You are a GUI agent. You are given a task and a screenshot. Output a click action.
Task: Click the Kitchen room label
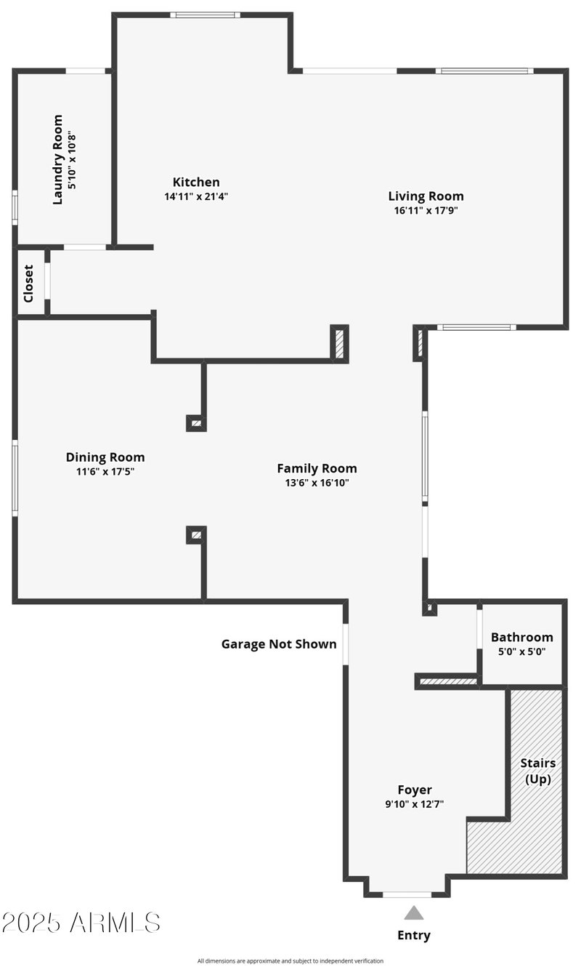(x=195, y=182)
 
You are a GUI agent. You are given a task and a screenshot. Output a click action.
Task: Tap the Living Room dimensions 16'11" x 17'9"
(x=426, y=210)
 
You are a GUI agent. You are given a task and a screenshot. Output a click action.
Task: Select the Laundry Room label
(x=58, y=159)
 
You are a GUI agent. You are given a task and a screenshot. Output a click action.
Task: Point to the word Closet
(x=28, y=283)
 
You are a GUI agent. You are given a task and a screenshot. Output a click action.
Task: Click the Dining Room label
(x=105, y=457)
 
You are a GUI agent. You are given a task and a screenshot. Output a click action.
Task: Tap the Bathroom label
(x=521, y=637)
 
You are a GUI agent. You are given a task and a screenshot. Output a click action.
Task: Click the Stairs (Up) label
(x=537, y=771)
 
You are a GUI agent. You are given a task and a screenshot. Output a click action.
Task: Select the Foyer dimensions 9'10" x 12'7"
(x=415, y=803)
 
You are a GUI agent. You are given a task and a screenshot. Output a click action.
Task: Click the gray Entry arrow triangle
(x=413, y=913)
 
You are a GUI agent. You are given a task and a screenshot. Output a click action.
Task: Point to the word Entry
(x=413, y=935)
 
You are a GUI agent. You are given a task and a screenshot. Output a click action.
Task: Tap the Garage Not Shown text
(x=279, y=643)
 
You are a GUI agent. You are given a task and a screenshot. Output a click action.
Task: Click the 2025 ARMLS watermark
(x=81, y=923)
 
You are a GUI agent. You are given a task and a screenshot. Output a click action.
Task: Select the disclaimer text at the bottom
(x=290, y=960)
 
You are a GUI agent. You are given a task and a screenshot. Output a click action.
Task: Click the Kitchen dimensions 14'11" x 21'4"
(x=196, y=196)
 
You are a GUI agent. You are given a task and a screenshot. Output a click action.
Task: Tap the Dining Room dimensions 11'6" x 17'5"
(x=105, y=471)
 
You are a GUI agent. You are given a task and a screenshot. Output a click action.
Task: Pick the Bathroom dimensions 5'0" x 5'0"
(x=521, y=651)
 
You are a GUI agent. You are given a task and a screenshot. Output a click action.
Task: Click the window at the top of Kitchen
(x=205, y=15)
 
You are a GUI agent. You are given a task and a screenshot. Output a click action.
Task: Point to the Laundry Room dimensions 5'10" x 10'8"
(x=71, y=159)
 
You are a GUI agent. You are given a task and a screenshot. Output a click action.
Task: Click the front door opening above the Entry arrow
(x=407, y=894)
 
